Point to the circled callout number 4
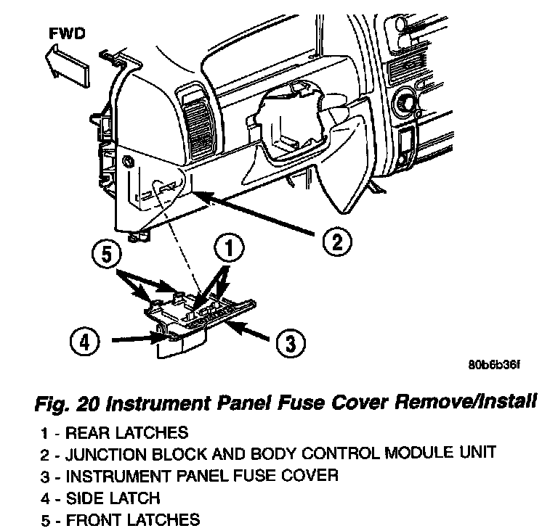click(84, 339)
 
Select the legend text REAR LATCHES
click(126, 434)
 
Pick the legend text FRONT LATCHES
click(132, 519)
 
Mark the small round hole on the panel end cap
click(129, 160)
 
